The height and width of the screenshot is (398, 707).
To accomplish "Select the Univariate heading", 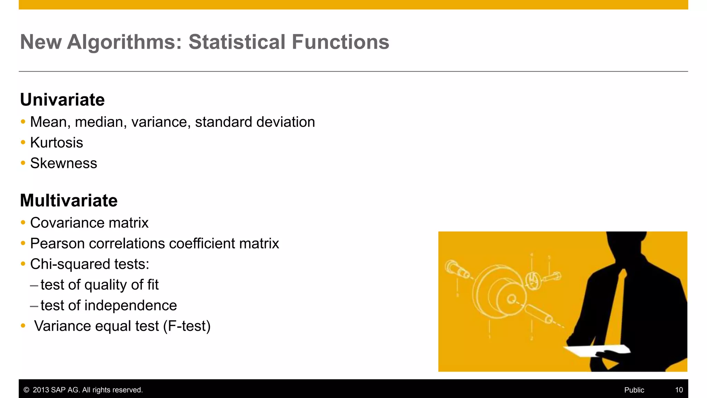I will [x=62, y=100].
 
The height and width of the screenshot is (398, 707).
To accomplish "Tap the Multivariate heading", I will [x=69, y=201].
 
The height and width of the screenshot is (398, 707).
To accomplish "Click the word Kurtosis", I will [x=57, y=143].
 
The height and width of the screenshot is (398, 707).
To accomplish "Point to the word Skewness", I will [x=64, y=163].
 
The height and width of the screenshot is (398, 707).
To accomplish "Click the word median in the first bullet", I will [x=100, y=122].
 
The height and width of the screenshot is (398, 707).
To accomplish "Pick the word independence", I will [x=130, y=305].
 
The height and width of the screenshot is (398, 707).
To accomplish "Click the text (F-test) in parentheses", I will [x=187, y=326].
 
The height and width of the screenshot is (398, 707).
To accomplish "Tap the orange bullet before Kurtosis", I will [x=23, y=142].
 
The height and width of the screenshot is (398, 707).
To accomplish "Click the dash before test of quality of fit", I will [x=34, y=286].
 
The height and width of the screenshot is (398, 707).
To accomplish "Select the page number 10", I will [x=679, y=390].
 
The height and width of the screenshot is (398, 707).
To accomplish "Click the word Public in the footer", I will [x=634, y=390].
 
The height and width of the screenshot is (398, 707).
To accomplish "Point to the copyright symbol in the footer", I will [x=26, y=390].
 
